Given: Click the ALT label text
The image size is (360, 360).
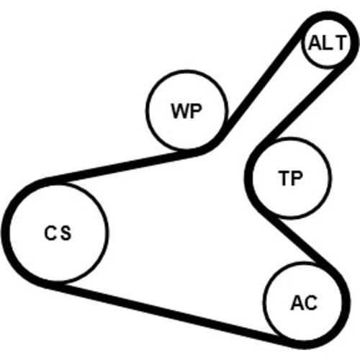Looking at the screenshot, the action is (328, 42).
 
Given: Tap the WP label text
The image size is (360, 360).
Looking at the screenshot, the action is (186, 111).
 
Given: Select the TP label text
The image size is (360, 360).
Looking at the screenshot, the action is (291, 178).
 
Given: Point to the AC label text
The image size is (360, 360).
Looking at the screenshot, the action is (304, 302).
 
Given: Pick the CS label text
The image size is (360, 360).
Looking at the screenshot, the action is (58, 233).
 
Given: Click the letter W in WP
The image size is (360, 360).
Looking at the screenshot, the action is (180, 111).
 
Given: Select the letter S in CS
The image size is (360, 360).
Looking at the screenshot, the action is (66, 233).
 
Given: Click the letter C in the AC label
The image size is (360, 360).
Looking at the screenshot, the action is (311, 302).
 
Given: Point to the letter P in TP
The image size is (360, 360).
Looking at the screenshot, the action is (297, 178).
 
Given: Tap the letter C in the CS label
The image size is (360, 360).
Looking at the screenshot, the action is (50, 233).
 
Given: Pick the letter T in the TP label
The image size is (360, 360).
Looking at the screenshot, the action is (284, 178).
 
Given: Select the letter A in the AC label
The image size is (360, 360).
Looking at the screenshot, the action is (297, 302).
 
